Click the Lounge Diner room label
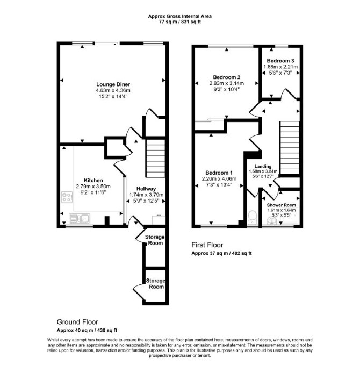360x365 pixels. coord(113,84)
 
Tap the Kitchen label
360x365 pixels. coord(93,181)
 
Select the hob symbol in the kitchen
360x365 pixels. coord(67,197)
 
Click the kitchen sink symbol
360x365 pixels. coord(80,219)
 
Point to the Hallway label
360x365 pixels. coord(146,189)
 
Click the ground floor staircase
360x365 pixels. coord(155,159)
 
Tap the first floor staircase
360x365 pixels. coord(290,148)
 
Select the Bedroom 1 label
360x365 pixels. coord(219,173)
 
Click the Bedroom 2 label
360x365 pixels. coord(227,77)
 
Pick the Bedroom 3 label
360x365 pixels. coord(280,61)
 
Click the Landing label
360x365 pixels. coord(263,167)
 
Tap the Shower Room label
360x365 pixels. coord(282,205)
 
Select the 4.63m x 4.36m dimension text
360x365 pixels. coord(113,90)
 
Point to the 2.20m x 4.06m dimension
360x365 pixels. coord(219,179)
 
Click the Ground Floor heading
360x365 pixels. coord(77,322)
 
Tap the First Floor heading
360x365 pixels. coord(207,245)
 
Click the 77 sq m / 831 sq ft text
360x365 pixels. coord(179,22)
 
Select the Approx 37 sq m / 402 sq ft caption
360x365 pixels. coord(221,253)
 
